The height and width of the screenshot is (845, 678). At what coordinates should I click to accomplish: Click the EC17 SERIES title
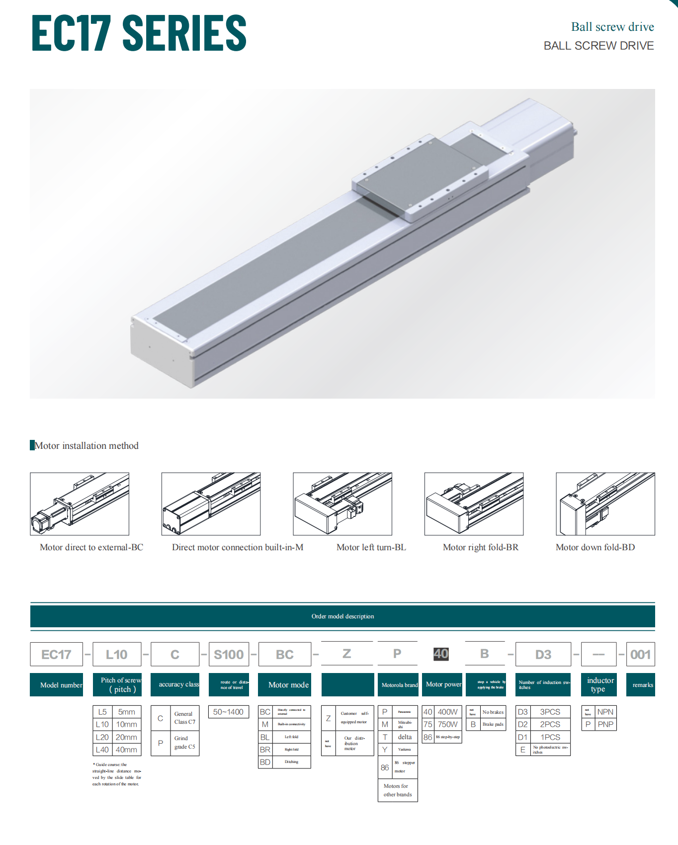[139, 33]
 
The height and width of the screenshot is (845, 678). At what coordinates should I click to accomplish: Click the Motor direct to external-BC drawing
[80, 504]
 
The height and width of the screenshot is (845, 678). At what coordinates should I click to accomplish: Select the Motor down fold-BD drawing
[605, 504]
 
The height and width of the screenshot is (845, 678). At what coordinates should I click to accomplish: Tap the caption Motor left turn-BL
[371, 547]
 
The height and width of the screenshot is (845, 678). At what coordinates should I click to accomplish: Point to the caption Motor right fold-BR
[480, 547]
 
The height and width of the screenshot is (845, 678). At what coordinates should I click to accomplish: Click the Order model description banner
[342, 616]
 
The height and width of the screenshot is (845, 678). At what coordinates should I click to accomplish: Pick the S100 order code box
[229, 654]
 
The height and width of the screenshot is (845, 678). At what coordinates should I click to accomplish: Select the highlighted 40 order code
[441, 654]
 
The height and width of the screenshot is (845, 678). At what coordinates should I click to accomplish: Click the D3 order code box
[543, 654]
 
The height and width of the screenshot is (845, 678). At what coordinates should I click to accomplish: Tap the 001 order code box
[640, 654]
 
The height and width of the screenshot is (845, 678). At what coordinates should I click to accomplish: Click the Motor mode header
[288, 685]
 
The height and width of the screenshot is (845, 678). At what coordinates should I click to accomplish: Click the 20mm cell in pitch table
[126, 737]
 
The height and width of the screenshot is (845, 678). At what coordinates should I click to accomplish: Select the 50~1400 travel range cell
[228, 712]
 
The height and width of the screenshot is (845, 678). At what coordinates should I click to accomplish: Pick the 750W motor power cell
[447, 724]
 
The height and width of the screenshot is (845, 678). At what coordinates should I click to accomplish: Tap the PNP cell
[605, 724]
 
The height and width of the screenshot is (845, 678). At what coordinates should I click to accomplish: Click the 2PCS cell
[550, 724]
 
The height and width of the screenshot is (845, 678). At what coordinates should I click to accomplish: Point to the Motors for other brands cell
[398, 790]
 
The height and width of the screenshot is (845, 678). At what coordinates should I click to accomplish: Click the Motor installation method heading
[86, 446]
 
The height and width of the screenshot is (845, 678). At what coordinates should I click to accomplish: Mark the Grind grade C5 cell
[184, 743]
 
